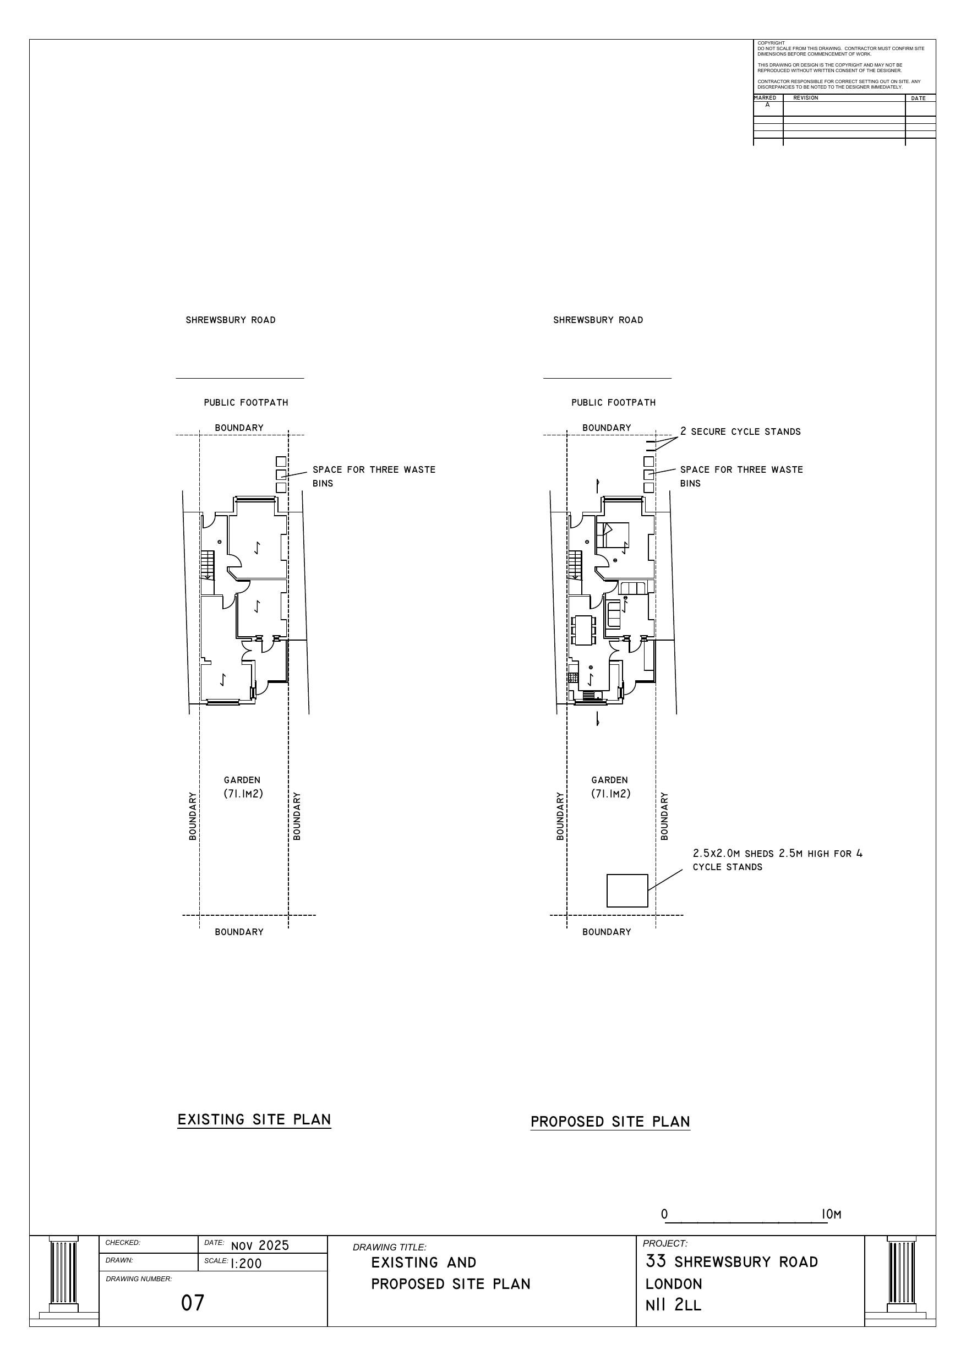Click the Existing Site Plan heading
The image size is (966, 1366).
click(x=254, y=1119)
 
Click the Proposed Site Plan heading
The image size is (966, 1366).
click(x=610, y=1122)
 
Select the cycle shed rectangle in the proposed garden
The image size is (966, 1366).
click(x=627, y=890)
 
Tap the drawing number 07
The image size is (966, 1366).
click(x=192, y=1303)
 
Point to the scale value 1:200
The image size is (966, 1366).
click(x=246, y=1264)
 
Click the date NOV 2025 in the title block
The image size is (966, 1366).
click(x=260, y=1245)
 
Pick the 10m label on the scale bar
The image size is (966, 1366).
click(x=832, y=1214)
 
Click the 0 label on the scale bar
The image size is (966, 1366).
click(x=664, y=1214)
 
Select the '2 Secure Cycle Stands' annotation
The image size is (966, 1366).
click(x=740, y=431)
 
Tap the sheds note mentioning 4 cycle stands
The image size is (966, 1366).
click(x=777, y=860)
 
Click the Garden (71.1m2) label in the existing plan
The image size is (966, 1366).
click(x=243, y=786)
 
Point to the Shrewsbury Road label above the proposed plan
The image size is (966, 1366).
click(x=598, y=320)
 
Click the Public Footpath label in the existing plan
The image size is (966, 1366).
click(x=246, y=403)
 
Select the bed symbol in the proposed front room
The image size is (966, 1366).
click(x=613, y=534)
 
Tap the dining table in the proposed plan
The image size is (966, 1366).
click(x=583, y=630)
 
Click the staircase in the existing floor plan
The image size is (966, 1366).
click(x=206, y=565)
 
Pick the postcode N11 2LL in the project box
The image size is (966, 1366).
click(x=673, y=1305)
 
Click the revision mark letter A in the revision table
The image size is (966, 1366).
click(x=767, y=105)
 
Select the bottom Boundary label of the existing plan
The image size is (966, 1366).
click(x=239, y=932)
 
